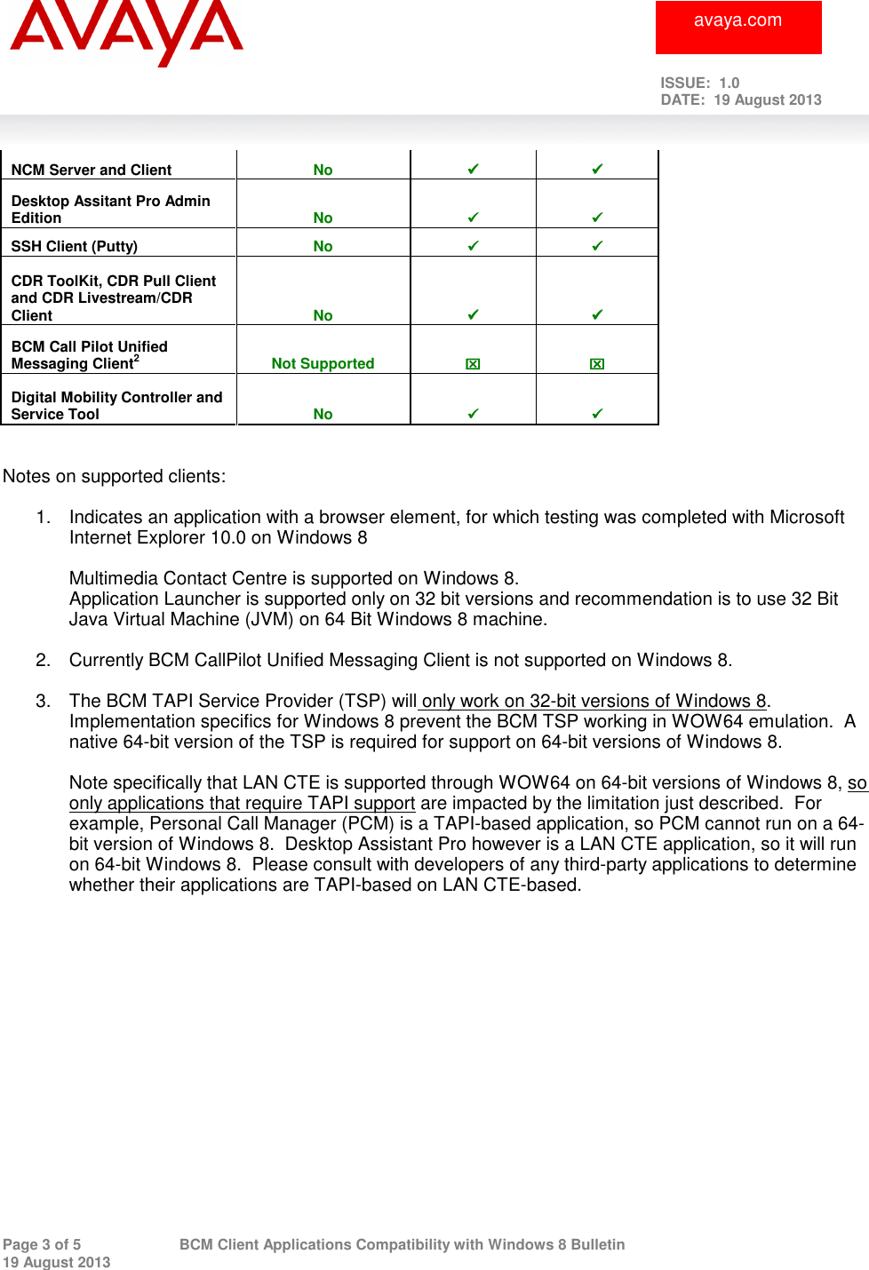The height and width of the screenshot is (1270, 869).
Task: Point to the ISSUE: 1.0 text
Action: coord(699,83)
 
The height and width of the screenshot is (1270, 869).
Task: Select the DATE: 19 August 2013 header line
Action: coord(740,100)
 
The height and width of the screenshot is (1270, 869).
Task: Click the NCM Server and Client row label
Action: coord(92,170)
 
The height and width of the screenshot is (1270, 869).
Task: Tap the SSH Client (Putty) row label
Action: coord(75,246)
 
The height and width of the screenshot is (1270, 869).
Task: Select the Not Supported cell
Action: coord(323,363)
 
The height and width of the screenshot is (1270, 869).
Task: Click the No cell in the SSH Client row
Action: coord(323,246)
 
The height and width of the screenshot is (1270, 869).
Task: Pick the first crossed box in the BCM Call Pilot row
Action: coord(473,363)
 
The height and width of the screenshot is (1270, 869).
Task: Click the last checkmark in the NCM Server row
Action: coord(597,169)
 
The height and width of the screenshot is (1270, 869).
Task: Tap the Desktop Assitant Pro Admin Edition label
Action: coord(110,210)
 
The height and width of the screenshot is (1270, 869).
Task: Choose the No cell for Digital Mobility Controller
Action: coord(323,414)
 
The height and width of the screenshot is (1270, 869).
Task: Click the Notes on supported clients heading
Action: coord(115,476)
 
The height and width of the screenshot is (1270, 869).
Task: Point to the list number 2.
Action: coord(43,660)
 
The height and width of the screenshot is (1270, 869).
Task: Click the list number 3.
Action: coord(43,701)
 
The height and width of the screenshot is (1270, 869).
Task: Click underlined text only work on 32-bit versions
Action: coord(594,701)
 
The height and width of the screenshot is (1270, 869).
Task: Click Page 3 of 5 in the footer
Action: coord(42,1244)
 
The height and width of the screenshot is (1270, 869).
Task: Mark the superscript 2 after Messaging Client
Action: coord(137,358)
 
